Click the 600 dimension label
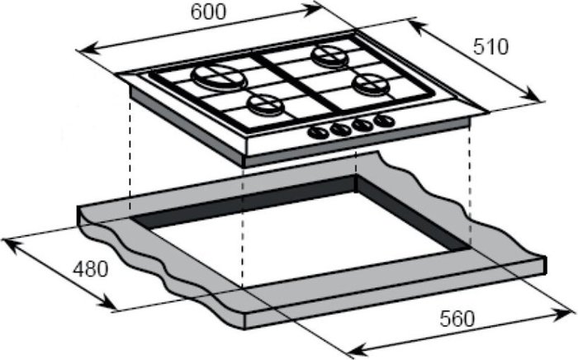click(x=208, y=12)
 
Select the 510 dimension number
click(x=490, y=47)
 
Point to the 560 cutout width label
click(x=457, y=319)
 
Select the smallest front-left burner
click(x=266, y=104)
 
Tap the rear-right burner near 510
click(x=329, y=54)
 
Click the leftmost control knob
click(x=319, y=133)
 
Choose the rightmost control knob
click(x=384, y=121)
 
